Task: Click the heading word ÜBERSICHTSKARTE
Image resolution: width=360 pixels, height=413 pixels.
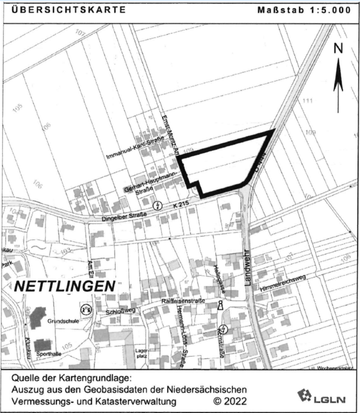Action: tap(61, 10)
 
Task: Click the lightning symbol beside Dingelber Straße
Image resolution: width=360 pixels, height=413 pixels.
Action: tap(158, 205)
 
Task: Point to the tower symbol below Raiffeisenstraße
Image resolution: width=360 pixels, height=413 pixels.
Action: tap(220, 306)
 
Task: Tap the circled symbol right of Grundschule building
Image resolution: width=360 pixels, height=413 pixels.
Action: tap(85, 310)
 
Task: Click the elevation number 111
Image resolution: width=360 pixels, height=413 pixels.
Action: tap(309, 100)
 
